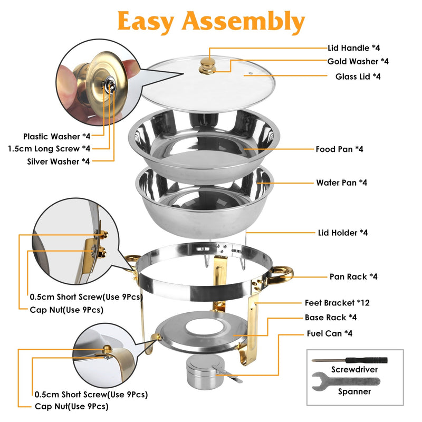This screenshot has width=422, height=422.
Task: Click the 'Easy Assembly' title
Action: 211,22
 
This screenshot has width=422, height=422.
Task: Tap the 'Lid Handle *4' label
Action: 358,48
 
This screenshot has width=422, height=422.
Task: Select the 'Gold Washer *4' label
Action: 358,62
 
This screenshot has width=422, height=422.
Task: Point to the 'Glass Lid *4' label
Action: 358,76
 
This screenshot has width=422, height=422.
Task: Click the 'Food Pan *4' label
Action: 339,149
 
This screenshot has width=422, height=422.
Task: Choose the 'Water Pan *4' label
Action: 341,183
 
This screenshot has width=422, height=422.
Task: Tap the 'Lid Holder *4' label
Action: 343,232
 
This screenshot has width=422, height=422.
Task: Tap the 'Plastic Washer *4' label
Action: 56,136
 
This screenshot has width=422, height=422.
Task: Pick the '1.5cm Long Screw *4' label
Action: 49,149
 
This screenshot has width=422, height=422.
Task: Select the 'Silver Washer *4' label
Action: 58,161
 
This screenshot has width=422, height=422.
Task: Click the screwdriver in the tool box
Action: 349,360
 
